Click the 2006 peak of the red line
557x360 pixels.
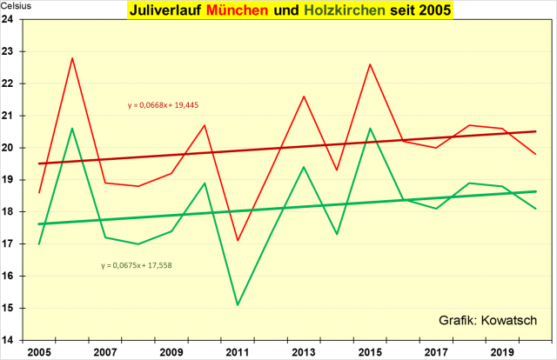(72, 58)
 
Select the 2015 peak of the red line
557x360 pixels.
(370, 64)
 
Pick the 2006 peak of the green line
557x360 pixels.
(72, 129)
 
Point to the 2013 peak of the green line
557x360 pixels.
(304, 167)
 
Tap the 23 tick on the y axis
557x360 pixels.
(18, 52)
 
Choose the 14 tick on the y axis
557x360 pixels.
(18, 340)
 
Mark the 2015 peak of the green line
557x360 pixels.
(370, 129)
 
